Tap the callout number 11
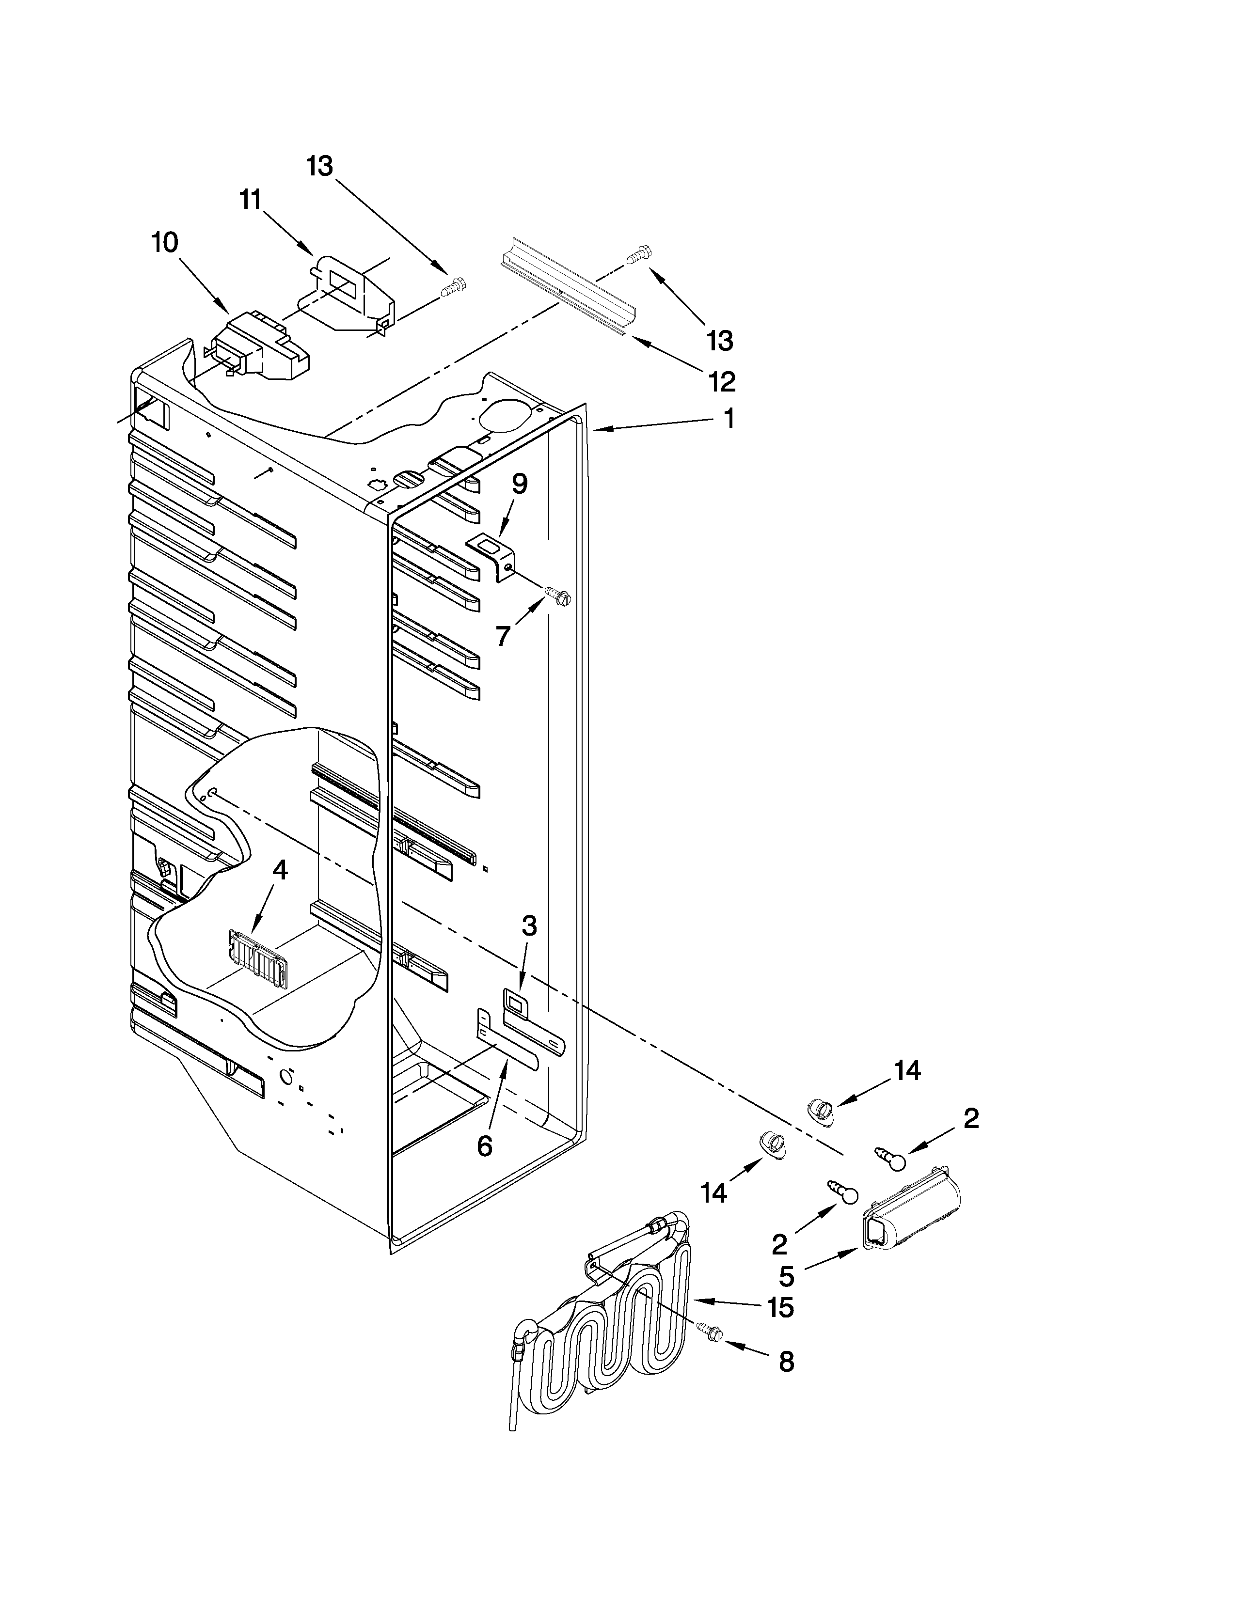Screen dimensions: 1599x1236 click(x=251, y=200)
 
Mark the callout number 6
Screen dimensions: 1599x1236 click(x=484, y=1146)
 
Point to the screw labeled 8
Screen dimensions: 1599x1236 click(x=710, y=1333)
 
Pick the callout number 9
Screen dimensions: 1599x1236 click(x=519, y=484)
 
